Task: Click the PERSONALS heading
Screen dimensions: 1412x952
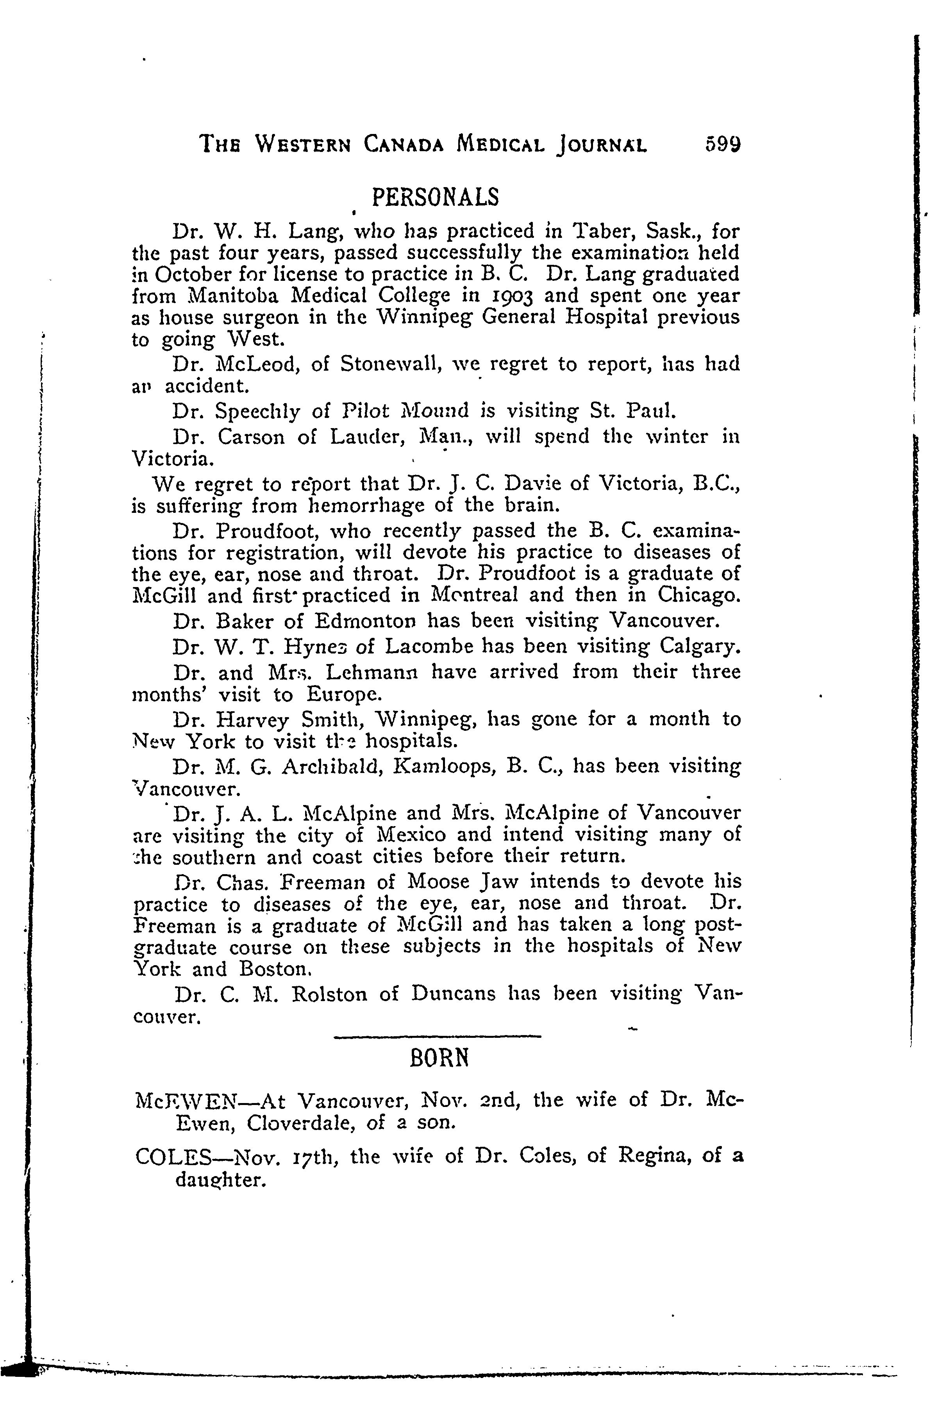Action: [435, 197]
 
